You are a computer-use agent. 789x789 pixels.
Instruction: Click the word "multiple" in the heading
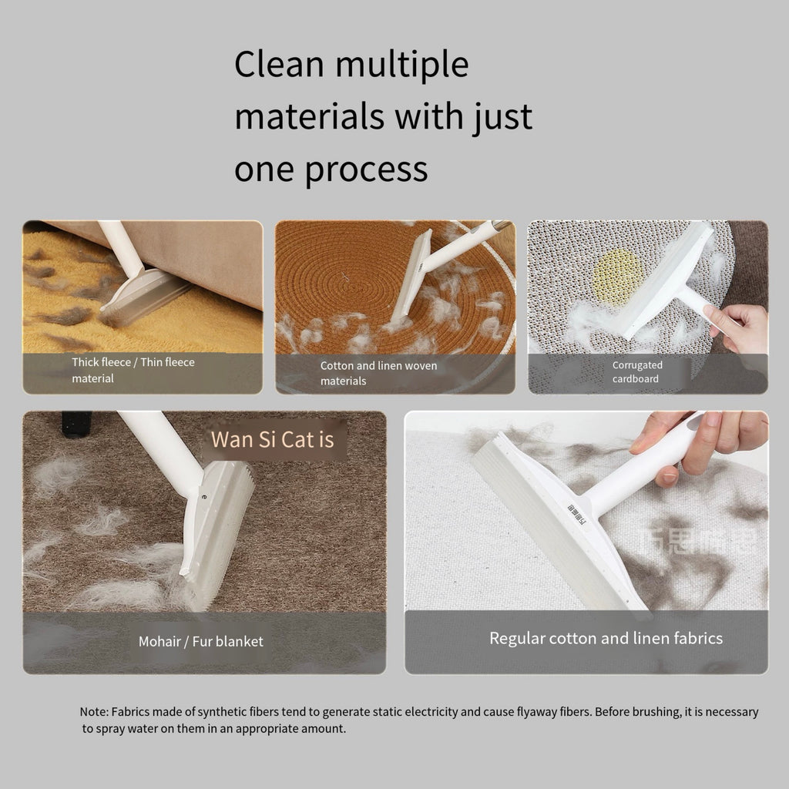(x=401, y=65)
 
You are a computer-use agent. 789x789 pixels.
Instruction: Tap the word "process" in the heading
(x=368, y=168)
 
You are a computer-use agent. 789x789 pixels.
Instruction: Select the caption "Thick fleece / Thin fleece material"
(x=133, y=370)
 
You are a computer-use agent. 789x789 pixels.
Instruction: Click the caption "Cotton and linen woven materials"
(x=378, y=373)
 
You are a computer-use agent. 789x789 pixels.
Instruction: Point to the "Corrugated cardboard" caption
(x=637, y=372)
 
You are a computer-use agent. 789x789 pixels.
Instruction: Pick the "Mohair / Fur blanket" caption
(x=200, y=641)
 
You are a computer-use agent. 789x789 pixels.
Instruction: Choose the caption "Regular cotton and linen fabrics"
(x=606, y=638)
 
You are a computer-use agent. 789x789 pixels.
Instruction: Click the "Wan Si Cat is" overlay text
(x=273, y=440)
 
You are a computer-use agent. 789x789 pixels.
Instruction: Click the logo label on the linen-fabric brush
(x=575, y=515)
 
